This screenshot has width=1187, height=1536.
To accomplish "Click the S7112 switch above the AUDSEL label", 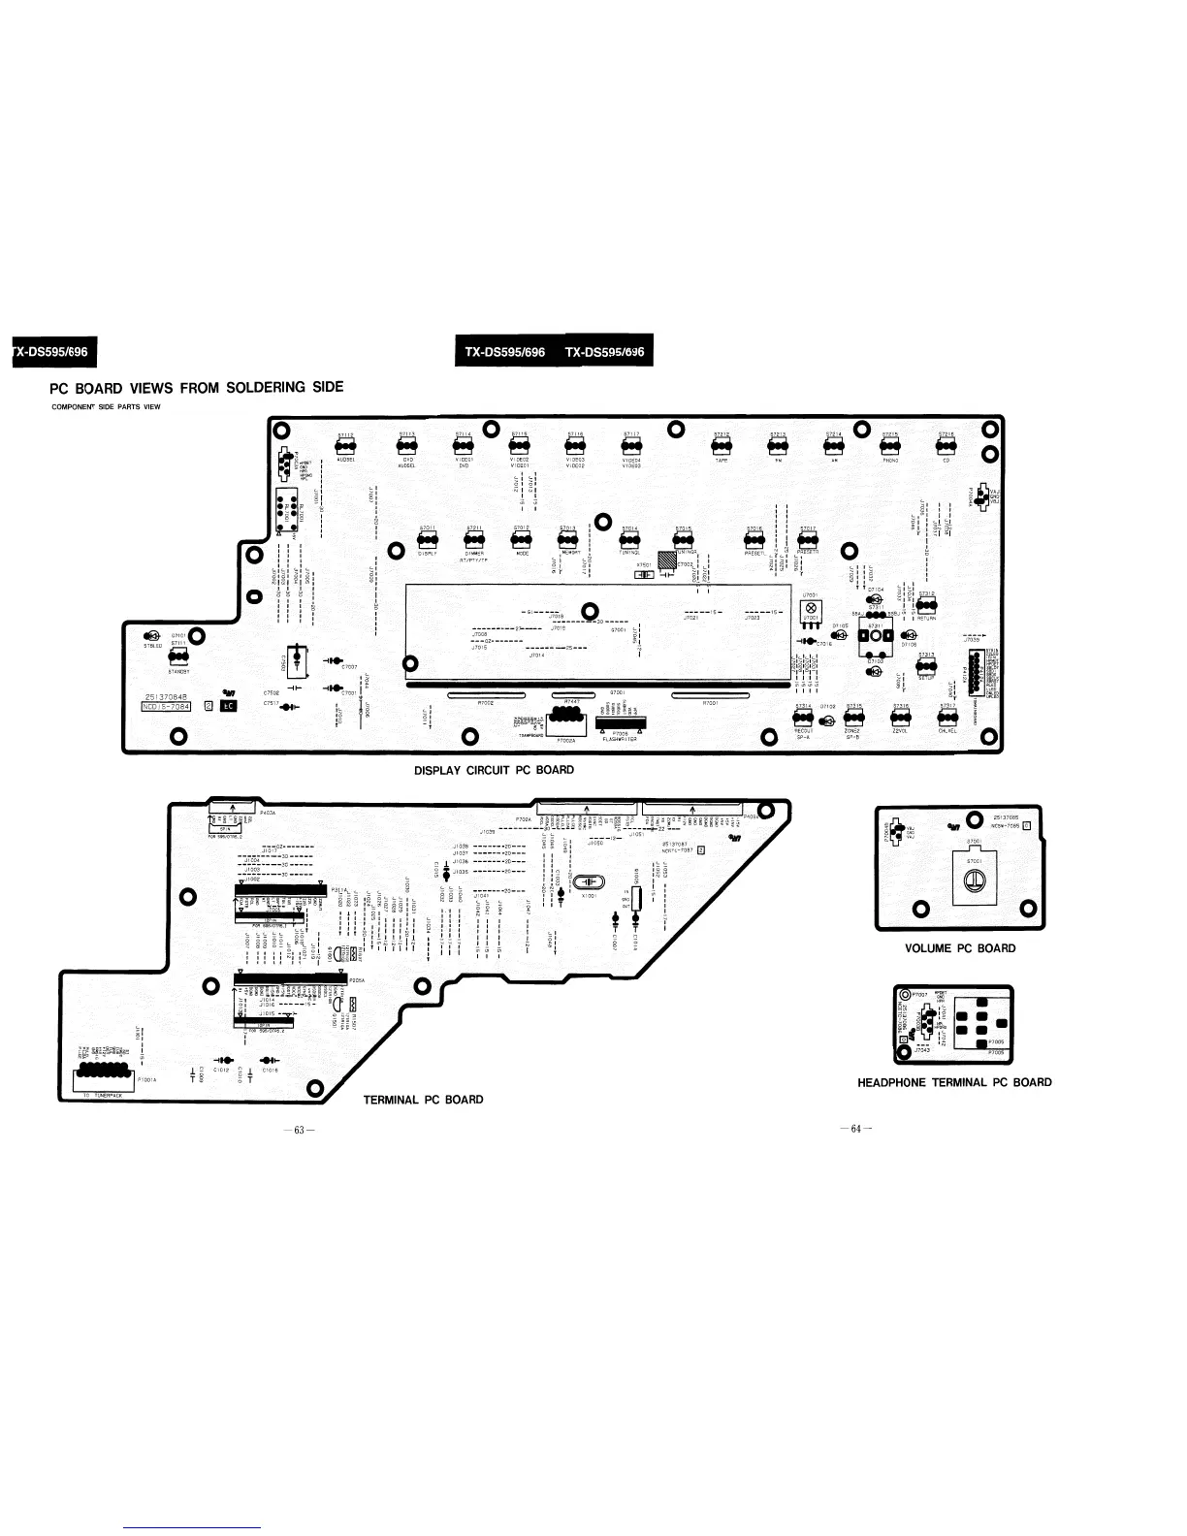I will click(345, 446).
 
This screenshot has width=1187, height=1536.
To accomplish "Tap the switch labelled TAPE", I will click(721, 446).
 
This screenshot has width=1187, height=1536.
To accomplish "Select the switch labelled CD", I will click(946, 446).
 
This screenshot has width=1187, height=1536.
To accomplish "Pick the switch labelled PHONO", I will click(889, 446).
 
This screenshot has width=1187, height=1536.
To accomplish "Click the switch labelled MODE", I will click(522, 540).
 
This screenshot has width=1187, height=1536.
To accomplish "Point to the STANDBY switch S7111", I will click(177, 656).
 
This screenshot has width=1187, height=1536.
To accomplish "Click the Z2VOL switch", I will click(900, 718).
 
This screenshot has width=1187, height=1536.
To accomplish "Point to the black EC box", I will click(229, 706).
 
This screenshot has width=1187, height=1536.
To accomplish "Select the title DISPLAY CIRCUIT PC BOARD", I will click(494, 770).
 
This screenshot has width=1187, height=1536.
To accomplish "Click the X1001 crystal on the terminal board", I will click(589, 881).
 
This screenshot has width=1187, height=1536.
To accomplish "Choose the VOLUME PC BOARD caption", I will click(959, 948).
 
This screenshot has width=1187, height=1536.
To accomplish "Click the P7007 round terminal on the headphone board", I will click(907, 995).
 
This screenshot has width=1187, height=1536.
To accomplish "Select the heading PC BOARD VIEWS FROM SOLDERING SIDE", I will click(197, 388).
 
